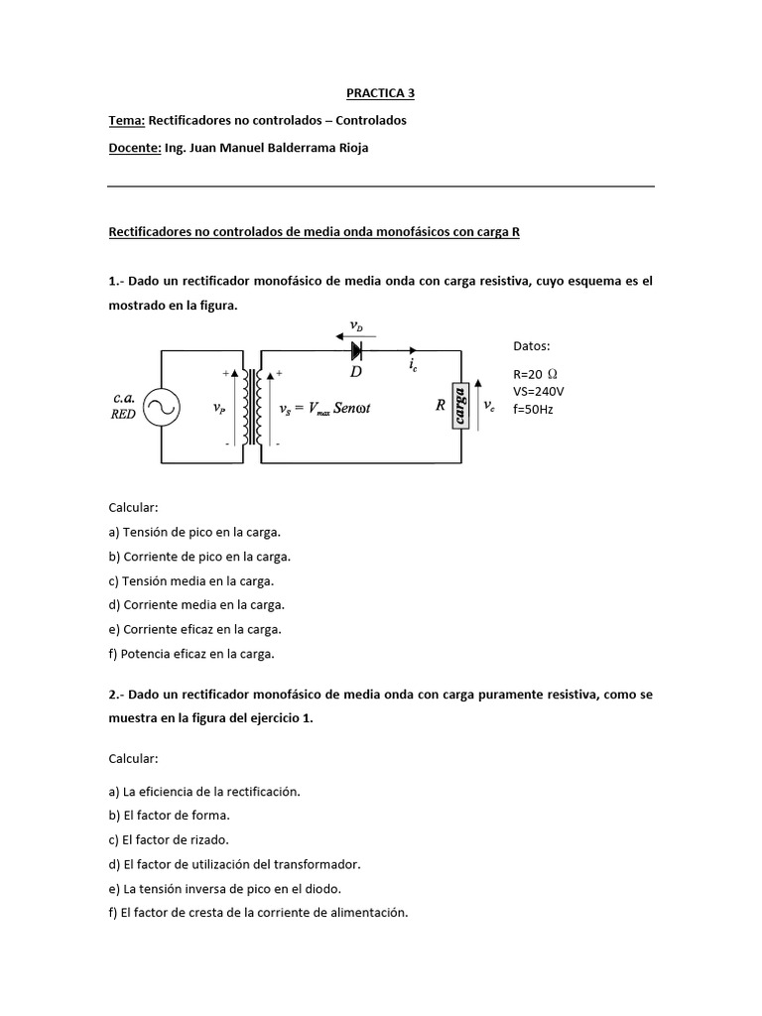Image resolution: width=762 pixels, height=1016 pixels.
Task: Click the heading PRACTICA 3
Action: tap(380, 93)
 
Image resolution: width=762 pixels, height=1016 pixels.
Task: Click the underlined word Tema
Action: tap(126, 120)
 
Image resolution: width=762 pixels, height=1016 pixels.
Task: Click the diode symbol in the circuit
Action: tap(355, 349)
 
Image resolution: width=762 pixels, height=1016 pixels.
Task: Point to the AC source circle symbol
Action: tap(159, 406)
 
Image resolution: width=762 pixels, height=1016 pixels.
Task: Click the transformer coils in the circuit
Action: tap(260, 407)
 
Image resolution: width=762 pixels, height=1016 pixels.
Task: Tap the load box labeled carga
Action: tap(460, 406)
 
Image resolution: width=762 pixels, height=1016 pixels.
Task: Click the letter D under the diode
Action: tap(356, 371)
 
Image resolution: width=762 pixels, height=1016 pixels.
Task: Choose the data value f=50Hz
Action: tap(533, 408)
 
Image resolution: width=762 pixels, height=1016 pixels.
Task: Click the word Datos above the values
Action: tap(531, 346)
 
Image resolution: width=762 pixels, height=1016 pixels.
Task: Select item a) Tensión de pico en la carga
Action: tap(194, 531)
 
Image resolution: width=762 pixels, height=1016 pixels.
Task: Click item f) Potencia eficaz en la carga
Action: tap(191, 654)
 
